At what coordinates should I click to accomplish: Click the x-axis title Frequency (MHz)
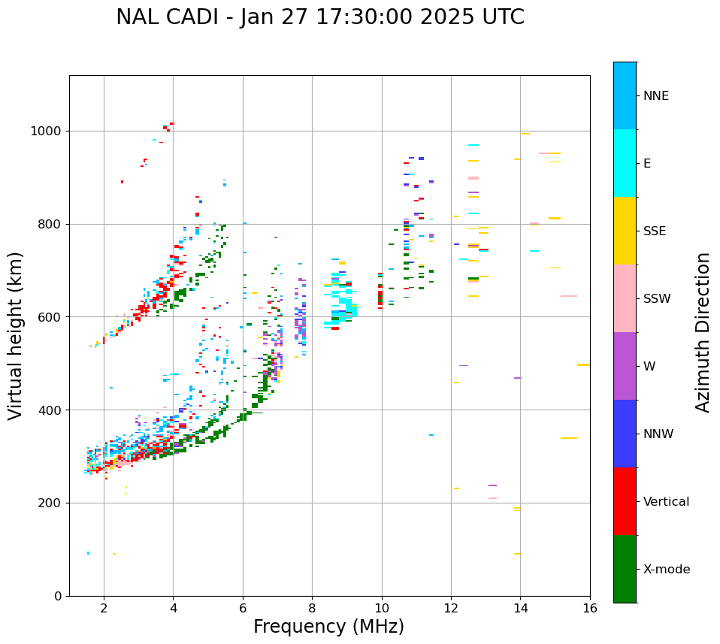pos(328,627)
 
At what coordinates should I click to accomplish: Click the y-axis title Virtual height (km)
pos(16,336)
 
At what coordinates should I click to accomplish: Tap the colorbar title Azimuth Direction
pos(703,332)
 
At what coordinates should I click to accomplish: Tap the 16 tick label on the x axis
pos(590,608)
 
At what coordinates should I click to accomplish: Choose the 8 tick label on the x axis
pos(312,608)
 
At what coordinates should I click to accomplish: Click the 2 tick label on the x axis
pos(104,608)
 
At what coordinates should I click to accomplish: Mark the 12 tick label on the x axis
pos(451,608)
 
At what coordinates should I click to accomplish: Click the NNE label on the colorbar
pos(655,96)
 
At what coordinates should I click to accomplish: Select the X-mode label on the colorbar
pos(667,570)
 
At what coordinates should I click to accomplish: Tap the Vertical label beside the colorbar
pos(666,502)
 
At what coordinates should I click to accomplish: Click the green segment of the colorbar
pos(625,569)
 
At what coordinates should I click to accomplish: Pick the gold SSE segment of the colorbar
pos(625,231)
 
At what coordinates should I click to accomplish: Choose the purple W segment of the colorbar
pos(625,366)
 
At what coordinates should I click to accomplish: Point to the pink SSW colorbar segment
pos(625,298)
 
